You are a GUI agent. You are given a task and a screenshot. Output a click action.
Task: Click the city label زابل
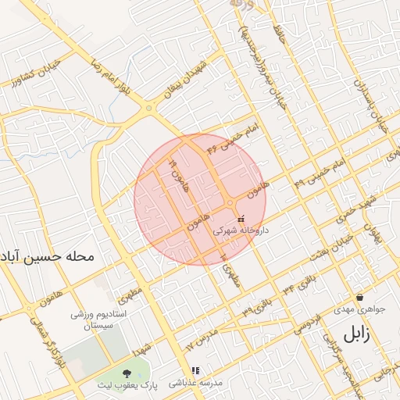355,336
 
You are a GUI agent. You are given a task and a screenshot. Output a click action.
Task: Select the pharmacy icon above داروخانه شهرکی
241,220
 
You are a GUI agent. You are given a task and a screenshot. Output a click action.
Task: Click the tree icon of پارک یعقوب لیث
128,373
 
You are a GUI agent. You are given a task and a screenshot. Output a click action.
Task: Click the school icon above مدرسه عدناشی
195,371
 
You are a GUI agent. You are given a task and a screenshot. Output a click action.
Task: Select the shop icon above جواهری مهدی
359,297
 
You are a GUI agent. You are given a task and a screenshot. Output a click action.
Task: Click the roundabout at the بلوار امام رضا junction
148,109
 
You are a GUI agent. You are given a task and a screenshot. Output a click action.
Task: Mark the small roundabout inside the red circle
231,204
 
